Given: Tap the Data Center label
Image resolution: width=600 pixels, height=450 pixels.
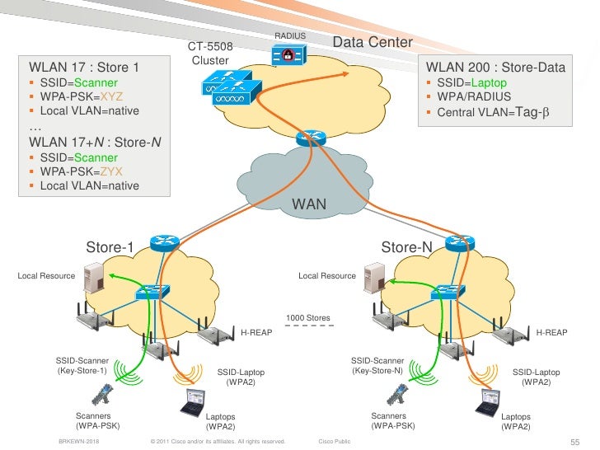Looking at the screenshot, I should (372, 42).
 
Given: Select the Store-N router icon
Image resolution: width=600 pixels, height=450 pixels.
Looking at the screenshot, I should (455, 243).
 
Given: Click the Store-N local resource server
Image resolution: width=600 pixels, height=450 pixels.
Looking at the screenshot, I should (375, 277).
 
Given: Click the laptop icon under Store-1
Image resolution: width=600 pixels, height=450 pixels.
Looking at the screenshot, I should (193, 403).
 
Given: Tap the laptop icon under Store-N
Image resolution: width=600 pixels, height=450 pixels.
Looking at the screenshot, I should (488, 403).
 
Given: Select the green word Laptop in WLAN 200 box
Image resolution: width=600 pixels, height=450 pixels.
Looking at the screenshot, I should (490, 83).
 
